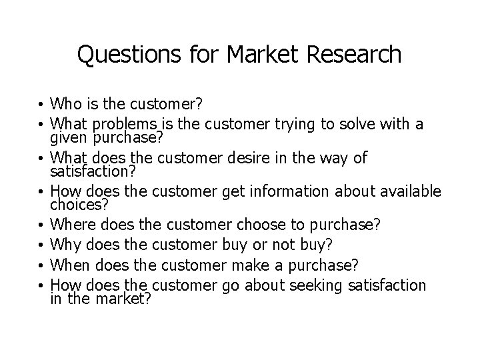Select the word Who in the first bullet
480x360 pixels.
[67, 104]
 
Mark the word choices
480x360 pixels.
[73, 205]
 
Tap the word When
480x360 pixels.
[70, 265]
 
